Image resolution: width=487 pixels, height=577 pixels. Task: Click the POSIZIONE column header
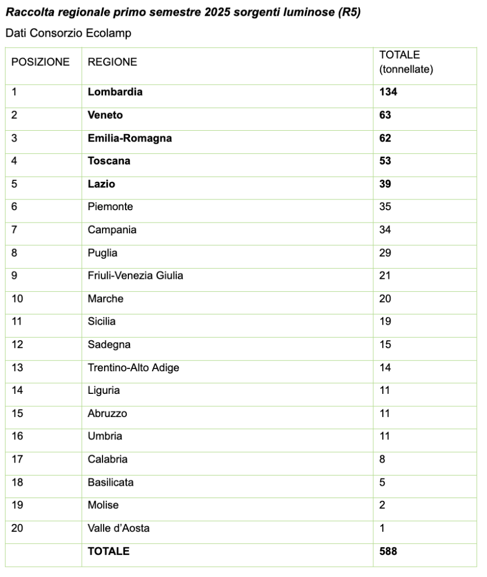(41, 62)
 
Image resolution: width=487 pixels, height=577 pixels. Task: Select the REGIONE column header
(112, 62)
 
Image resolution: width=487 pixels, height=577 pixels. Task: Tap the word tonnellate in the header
(406, 69)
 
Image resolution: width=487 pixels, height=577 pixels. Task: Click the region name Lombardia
(115, 92)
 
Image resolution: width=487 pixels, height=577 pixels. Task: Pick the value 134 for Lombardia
(388, 92)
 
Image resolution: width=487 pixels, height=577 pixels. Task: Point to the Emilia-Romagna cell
(129, 138)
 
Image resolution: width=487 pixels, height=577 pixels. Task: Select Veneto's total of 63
(385, 115)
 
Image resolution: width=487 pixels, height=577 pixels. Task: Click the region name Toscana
(109, 161)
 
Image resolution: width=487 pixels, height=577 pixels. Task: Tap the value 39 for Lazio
(385, 184)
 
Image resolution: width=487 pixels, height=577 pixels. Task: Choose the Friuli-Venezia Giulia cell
(135, 276)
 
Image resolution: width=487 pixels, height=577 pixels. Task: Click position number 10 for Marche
(17, 299)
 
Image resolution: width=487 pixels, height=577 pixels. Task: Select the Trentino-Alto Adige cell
(133, 368)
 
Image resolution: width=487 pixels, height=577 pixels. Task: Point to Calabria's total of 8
(382, 459)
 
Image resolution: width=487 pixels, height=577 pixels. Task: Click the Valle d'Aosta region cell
(118, 529)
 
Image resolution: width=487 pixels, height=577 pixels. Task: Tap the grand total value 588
(388, 552)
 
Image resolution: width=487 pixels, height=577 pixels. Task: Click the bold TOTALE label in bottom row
(108, 552)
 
